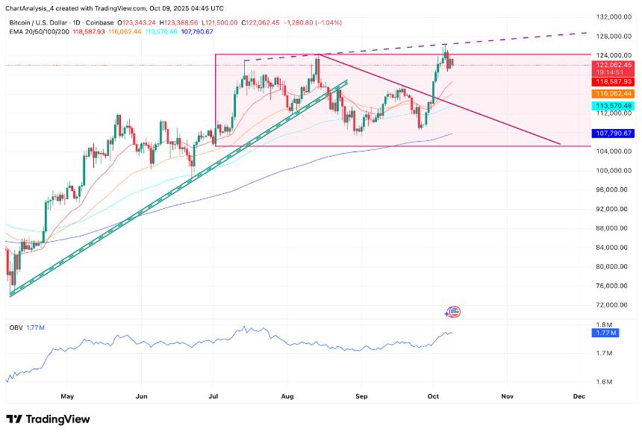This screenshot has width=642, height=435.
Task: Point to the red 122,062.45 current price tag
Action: tap(614, 65)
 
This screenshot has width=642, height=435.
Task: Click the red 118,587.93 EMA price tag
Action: tap(614, 81)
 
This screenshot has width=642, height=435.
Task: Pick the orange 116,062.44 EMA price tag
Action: tap(614, 94)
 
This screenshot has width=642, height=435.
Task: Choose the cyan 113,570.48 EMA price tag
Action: tap(614, 106)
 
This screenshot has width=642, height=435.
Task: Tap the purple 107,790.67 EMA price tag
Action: tap(614, 134)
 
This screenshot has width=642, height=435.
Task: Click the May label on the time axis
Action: tap(68, 398)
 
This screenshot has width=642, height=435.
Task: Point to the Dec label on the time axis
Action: tap(579, 398)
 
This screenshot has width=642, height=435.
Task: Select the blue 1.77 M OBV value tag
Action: tap(605, 333)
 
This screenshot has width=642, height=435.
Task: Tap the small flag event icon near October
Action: tap(453, 312)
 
